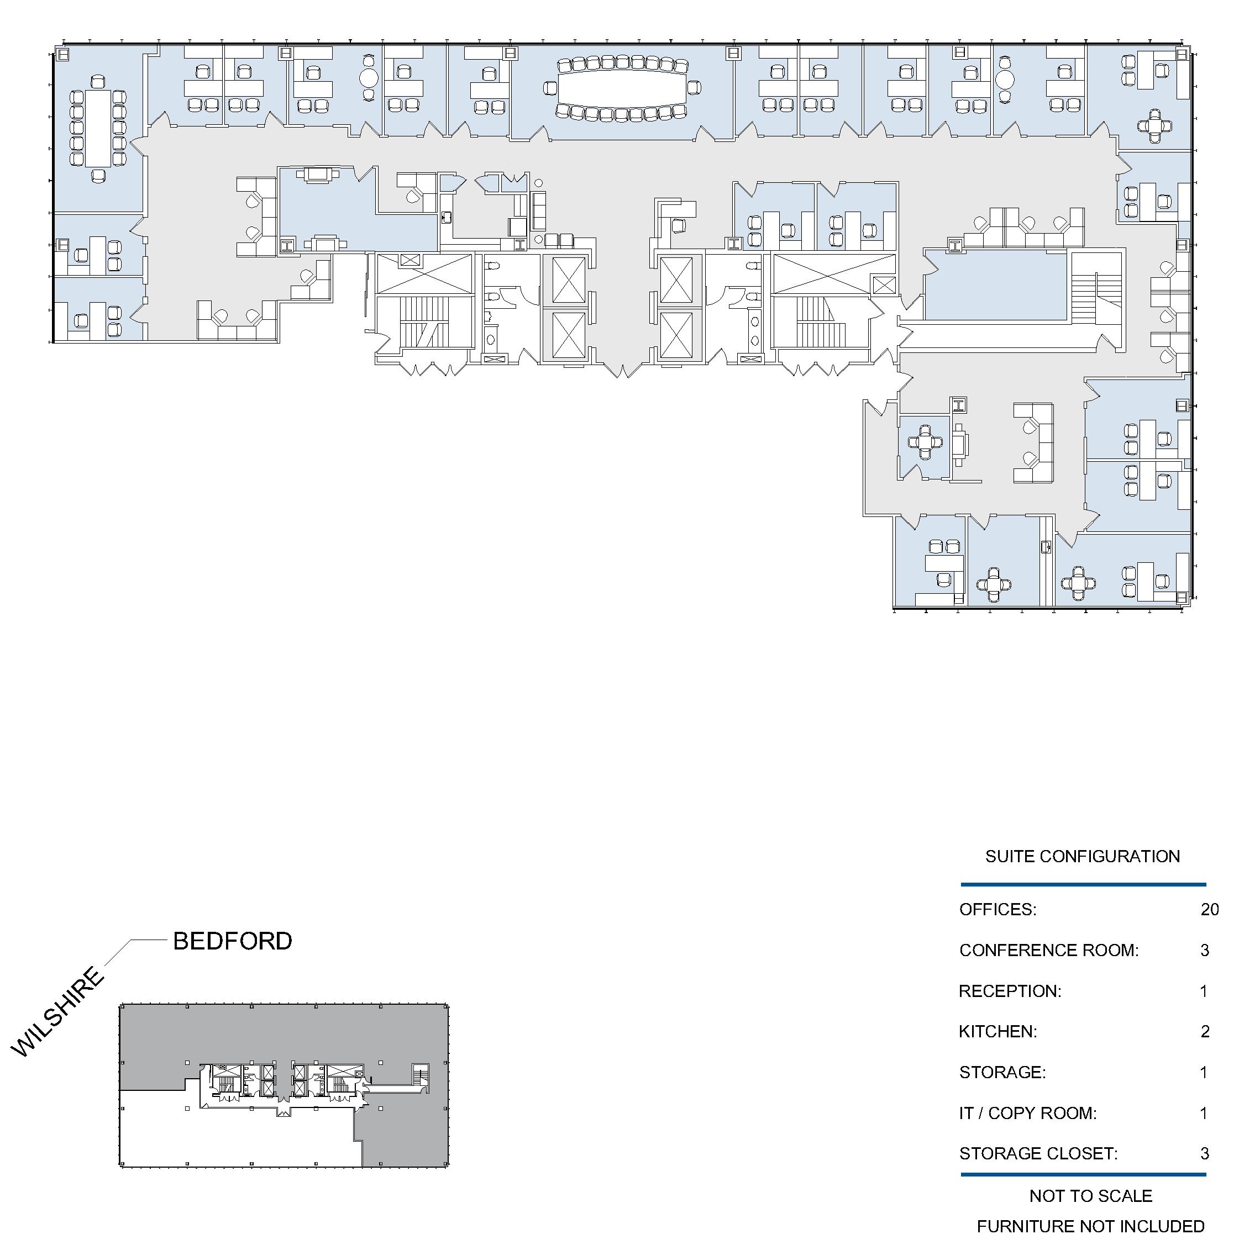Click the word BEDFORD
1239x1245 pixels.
coord(233,941)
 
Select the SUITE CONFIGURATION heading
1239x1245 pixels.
coord(1083,856)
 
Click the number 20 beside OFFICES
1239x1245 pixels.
coord(1209,909)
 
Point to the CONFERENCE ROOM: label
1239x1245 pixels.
coord(1049,951)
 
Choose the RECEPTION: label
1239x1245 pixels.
coord(1010,991)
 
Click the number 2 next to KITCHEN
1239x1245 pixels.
coord(1205,1032)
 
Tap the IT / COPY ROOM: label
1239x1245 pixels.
coord(1027,1113)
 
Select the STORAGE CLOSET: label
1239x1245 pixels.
coord(1038,1153)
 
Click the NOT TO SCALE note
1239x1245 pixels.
coord(1091,1196)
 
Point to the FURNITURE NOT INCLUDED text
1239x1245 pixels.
coord(1091,1226)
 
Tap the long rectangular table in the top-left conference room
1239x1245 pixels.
coord(98,128)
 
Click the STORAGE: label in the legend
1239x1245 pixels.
coord(1002,1072)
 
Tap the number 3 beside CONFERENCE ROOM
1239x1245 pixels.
coord(1205,951)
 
